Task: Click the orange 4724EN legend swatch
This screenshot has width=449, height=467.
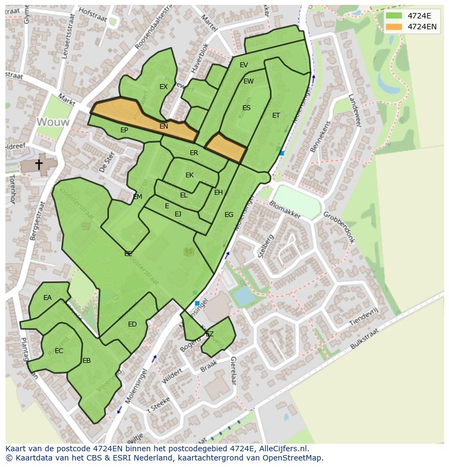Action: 394,27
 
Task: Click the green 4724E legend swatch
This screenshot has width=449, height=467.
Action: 394,16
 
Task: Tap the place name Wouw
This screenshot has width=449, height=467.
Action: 53,122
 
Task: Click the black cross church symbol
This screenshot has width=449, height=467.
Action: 39,163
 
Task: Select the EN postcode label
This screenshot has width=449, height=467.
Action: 164,126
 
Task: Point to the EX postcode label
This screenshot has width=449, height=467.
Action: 163,87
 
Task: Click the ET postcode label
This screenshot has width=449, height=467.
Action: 276,116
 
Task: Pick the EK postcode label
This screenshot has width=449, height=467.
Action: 189,175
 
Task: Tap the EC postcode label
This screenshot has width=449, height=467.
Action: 59,351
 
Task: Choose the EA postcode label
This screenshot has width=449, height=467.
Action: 48,298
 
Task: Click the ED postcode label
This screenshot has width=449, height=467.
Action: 132,324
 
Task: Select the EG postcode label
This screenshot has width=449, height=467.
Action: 229,215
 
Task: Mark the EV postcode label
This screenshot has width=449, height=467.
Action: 243,65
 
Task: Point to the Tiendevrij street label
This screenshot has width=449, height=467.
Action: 363,314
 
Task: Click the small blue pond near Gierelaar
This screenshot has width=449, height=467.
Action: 243,296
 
